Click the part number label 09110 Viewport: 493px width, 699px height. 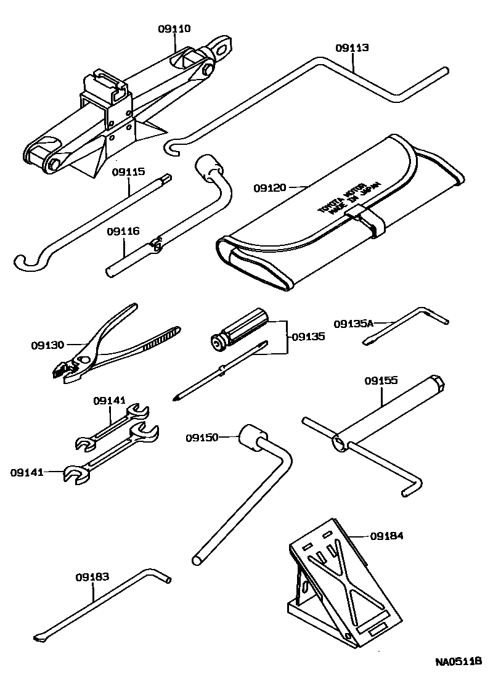174,28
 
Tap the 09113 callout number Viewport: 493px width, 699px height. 352,47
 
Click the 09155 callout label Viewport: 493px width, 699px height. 380,381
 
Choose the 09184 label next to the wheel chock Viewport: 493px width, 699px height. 387,536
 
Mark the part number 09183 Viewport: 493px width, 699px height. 92,577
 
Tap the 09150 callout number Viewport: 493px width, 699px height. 202,437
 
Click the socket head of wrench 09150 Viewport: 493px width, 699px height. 253,437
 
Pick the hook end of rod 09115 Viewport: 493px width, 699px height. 25,263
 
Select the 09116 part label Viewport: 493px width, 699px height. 123,231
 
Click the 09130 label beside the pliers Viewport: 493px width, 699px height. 47,345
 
